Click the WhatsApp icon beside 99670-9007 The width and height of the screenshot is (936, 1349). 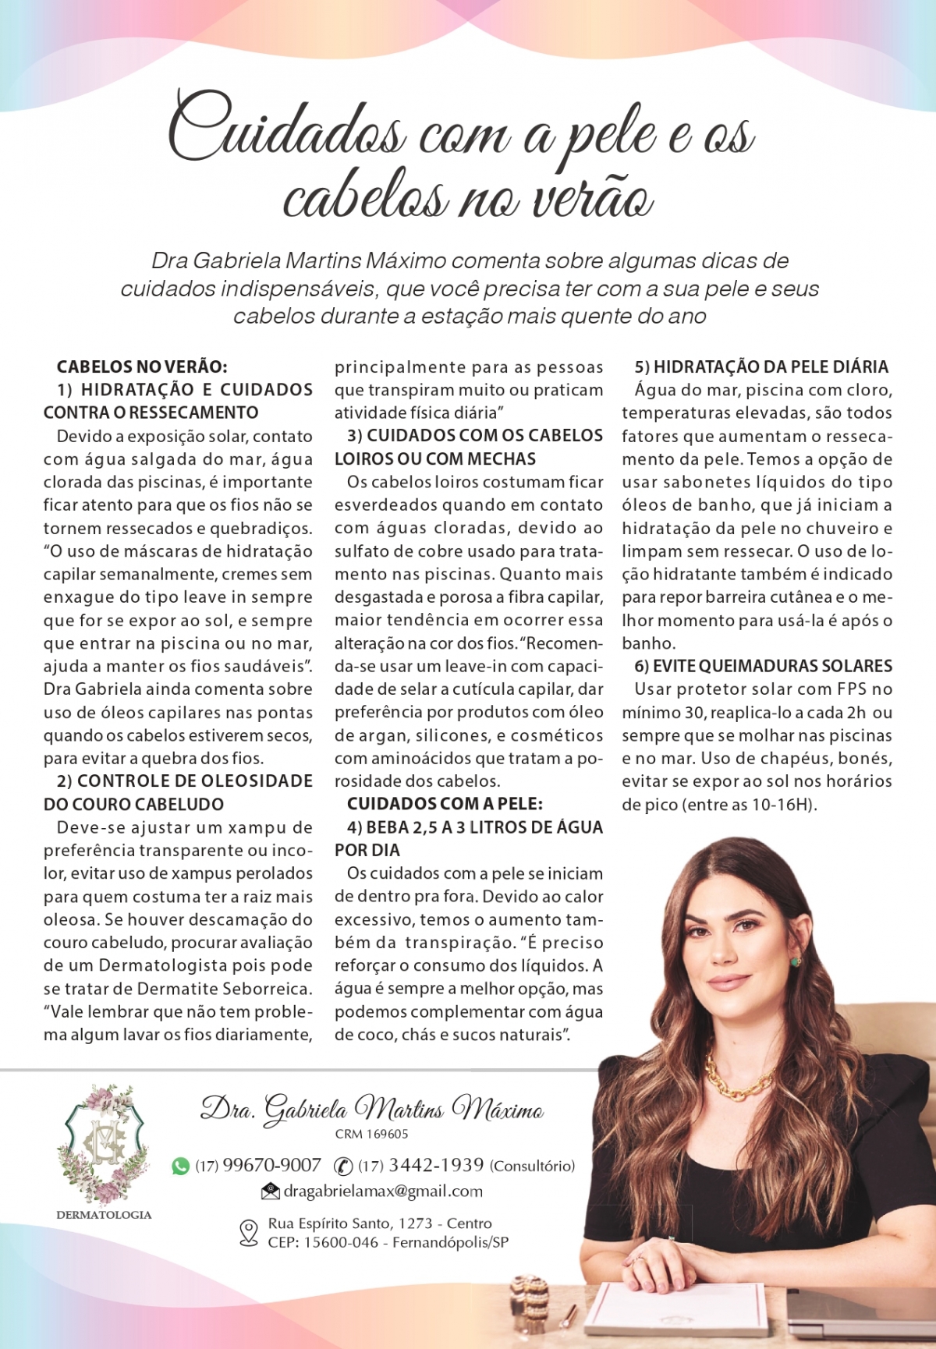point(180,1167)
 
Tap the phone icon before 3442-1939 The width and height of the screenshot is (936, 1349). point(343,1167)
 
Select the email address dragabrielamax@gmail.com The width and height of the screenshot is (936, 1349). point(383,1191)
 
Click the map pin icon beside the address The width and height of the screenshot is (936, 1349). point(248,1233)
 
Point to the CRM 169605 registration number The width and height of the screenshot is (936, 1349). point(371,1135)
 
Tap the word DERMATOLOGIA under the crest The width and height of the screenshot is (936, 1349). point(104,1215)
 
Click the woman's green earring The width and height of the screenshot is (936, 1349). point(796,961)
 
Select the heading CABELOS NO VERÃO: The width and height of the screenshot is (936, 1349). point(142,366)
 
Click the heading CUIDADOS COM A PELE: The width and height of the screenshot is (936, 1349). point(445,804)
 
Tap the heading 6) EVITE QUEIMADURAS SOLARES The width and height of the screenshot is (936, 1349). point(764,666)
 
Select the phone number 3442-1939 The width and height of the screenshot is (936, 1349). point(436,1166)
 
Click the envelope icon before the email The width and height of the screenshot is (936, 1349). point(270,1191)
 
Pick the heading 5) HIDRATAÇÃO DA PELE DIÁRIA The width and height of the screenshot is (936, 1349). point(761,366)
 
